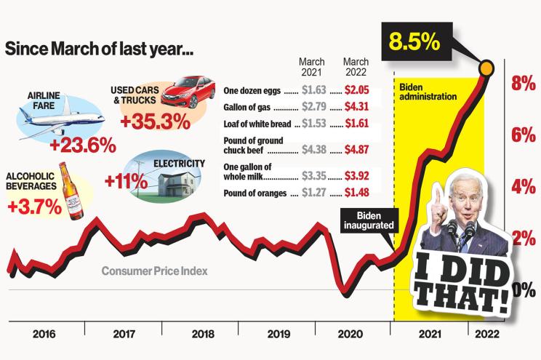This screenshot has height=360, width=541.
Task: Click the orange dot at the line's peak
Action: [486, 69]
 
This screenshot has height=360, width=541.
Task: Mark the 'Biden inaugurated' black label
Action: [369, 220]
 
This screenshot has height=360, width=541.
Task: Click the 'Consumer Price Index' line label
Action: [154, 271]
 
